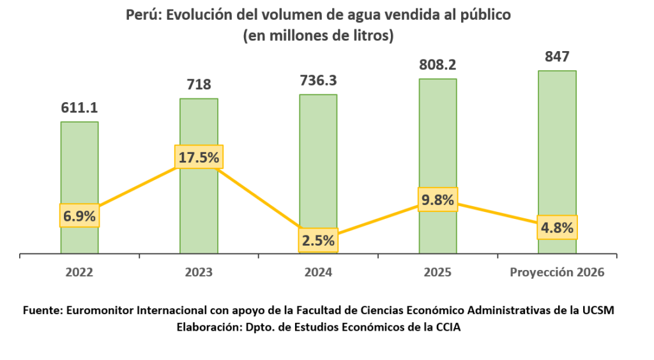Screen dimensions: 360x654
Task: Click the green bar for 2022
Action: [80, 166]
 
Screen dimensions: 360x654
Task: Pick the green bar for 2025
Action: [437, 140]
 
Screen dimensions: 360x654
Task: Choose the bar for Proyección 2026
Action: [557, 147]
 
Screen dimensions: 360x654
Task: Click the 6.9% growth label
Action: [79, 216]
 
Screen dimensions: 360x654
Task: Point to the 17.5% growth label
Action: [199, 158]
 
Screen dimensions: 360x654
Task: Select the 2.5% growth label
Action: [318, 241]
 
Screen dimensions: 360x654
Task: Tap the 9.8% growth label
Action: [437, 200]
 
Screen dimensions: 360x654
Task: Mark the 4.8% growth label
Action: [557, 226]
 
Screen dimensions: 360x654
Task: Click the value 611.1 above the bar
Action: [79, 108]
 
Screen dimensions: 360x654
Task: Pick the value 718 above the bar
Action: [199, 84]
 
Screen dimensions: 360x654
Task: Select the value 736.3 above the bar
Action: [318, 80]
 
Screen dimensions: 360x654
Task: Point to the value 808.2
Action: [437, 64]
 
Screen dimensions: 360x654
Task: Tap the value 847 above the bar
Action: [557, 57]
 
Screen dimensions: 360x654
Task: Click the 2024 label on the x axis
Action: [318, 272]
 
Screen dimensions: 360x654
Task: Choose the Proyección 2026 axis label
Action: [557, 272]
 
